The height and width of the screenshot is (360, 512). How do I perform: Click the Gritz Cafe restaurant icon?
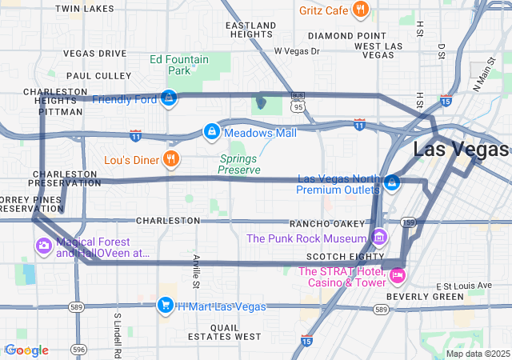coord(361,10)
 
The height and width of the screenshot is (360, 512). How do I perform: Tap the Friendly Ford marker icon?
coord(169,98)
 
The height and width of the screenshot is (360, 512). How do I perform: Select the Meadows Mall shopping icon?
coord(211,130)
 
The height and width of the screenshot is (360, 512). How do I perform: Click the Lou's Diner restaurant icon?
coord(170,159)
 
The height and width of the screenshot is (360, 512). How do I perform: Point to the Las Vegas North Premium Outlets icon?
coord(392,183)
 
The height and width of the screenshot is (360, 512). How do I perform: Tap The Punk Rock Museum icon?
coord(379,238)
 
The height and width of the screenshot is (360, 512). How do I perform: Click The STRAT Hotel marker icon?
coord(397,276)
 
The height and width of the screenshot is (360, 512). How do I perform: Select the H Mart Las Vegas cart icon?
coord(165,306)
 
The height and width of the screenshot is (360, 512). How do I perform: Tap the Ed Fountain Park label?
coord(179,65)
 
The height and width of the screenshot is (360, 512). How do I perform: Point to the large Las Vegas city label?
coord(460,150)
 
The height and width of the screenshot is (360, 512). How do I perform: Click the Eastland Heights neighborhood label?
coord(250,30)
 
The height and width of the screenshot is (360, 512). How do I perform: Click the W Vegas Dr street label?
coord(297,51)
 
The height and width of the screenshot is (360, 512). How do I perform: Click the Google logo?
coord(26,350)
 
